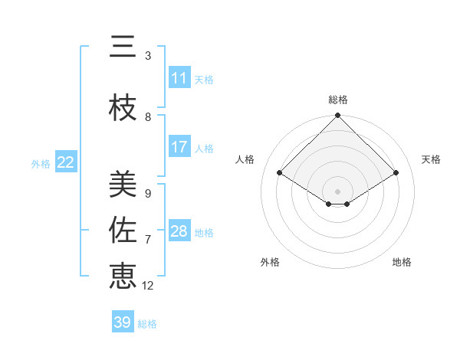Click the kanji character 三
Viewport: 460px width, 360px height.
click(123, 47)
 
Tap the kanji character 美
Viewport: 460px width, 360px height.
click(123, 183)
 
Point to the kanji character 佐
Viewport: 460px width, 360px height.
click(123, 229)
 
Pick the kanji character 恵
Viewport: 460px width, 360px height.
click(123, 275)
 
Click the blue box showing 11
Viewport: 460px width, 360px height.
click(179, 78)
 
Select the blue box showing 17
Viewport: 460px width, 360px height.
click(179, 147)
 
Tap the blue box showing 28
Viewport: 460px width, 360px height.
click(179, 231)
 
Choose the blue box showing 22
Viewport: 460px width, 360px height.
click(66, 162)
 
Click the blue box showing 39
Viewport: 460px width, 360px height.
click(122, 322)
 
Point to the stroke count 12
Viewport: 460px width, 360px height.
click(148, 286)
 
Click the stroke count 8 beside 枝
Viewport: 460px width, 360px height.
click(148, 116)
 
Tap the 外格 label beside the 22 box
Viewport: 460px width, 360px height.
click(41, 163)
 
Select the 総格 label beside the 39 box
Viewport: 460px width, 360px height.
click(148, 324)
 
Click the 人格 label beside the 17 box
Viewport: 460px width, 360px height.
click(204, 149)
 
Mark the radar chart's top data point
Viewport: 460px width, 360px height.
click(337, 116)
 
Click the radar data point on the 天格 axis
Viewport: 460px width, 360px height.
click(396, 173)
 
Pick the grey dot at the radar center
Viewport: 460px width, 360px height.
click(337, 190)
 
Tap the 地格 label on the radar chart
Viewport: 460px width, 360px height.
click(402, 262)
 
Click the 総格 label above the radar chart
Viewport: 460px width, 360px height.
click(338, 100)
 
